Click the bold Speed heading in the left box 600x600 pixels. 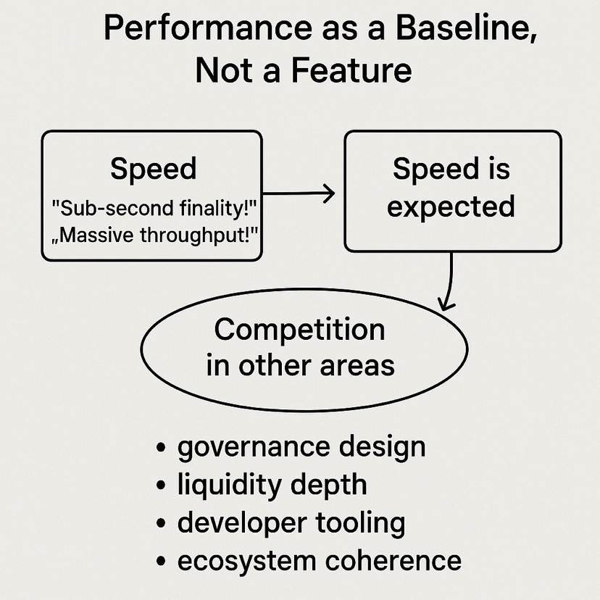[x=153, y=169]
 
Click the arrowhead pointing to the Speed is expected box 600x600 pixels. [x=328, y=193]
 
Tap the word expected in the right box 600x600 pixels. [x=451, y=207]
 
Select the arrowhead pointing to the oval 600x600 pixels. [x=446, y=304]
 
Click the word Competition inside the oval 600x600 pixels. [x=299, y=330]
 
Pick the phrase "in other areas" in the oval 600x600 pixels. [x=300, y=364]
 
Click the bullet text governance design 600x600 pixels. [x=301, y=446]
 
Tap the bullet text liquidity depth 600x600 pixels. [x=272, y=484]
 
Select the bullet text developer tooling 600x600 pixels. [x=291, y=522]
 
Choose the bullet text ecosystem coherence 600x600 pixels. [x=319, y=560]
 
